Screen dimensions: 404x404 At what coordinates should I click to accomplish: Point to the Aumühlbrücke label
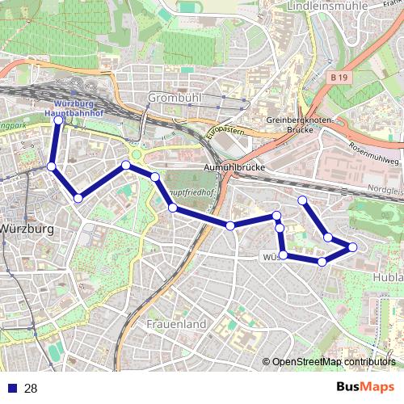point(234,166)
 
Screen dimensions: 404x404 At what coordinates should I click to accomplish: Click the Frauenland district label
point(176,323)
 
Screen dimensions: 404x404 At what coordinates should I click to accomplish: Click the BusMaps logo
point(365,388)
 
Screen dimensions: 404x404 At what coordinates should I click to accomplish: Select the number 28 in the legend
point(31,389)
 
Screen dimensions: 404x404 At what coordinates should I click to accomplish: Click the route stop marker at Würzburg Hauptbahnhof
point(58,121)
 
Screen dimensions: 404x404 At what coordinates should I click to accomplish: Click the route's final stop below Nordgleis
point(302,200)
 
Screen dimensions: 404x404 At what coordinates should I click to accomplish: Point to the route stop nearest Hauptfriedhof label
point(173,208)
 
